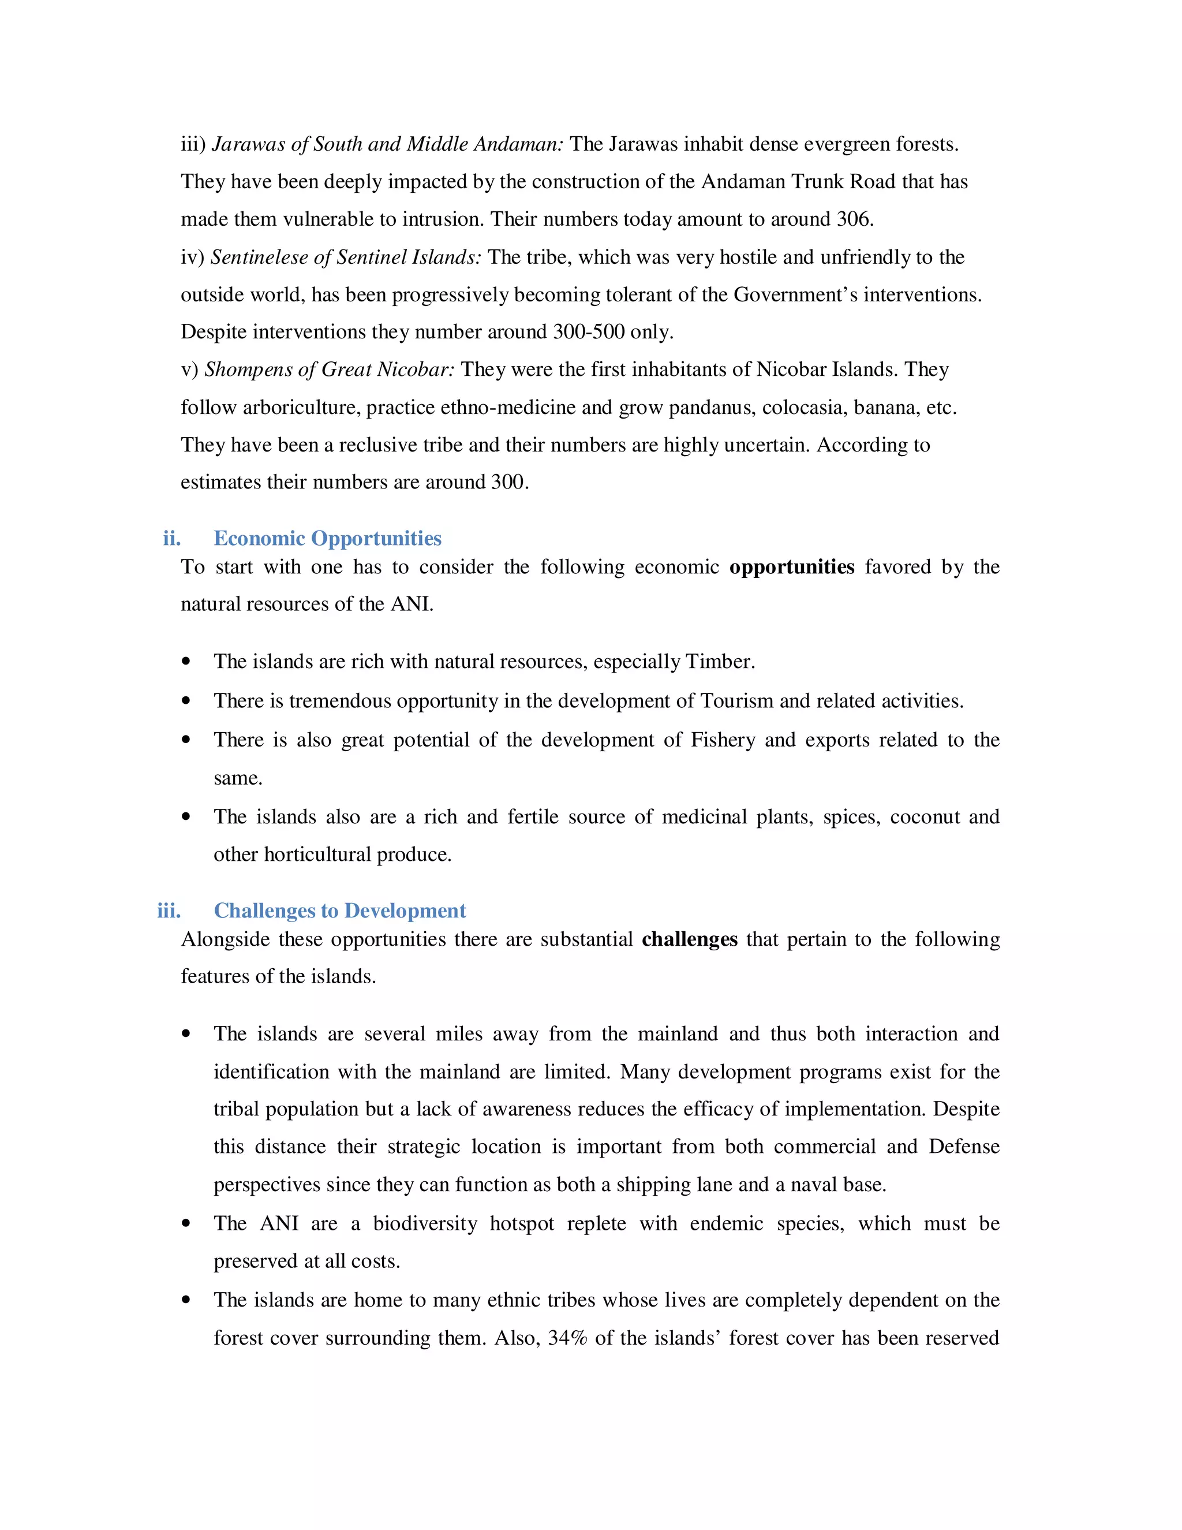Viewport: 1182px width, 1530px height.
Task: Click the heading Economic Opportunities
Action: (x=327, y=538)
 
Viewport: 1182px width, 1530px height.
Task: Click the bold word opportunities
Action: (x=791, y=567)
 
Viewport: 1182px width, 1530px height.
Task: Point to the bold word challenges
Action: (x=689, y=939)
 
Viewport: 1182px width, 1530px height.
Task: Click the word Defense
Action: (x=963, y=1146)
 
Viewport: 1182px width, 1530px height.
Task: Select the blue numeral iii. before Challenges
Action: (x=169, y=910)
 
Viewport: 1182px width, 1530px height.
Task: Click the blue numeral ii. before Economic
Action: (x=171, y=538)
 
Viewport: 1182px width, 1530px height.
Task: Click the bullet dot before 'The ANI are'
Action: (x=186, y=1224)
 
